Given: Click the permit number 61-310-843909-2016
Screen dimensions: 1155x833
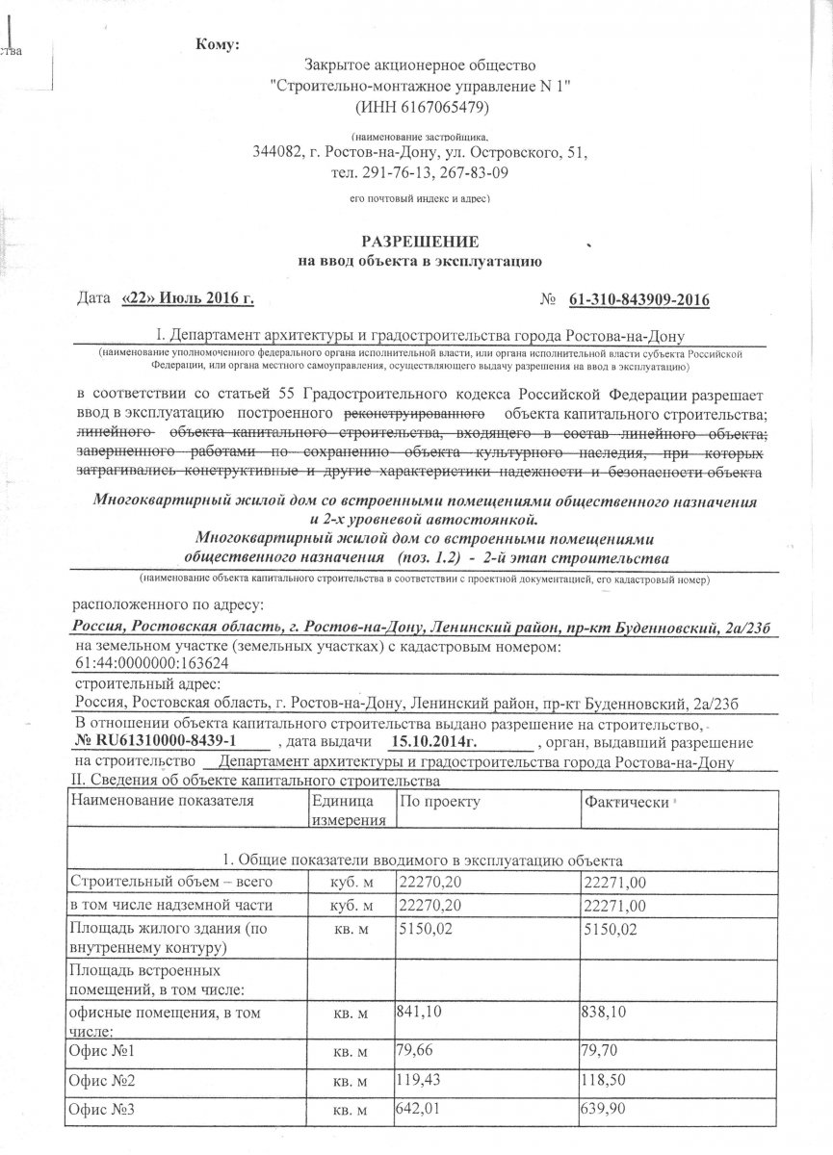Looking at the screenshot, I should [638, 300].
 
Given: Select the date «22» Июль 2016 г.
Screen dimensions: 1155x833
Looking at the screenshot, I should [188, 300].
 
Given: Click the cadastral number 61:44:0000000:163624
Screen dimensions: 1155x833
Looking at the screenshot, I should [151, 663].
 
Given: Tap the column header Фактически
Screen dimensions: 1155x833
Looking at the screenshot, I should [626, 802].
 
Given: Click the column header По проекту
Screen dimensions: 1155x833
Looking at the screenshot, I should [439, 801].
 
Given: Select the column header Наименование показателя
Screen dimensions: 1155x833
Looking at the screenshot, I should [162, 801].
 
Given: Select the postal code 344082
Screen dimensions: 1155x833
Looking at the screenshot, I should [276, 153].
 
